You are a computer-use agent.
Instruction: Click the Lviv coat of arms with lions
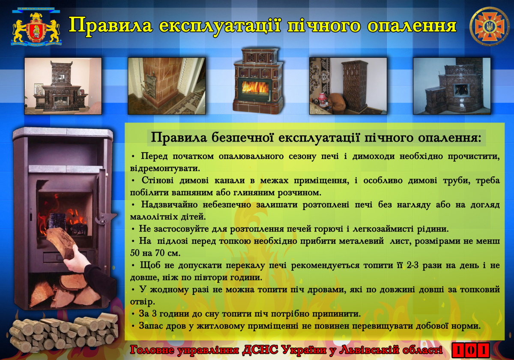(x=36, y=27)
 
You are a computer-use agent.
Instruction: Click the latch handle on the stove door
(x=105, y=218)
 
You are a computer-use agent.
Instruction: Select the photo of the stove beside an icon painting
(x=63, y=86)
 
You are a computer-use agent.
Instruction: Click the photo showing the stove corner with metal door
(x=167, y=86)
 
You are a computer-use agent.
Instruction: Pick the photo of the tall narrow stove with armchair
(x=348, y=86)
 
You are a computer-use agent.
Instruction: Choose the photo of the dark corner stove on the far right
(x=452, y=86)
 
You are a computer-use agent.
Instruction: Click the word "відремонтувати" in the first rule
(x=165, y=168)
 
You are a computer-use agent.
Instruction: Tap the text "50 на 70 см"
(x=155, y=253)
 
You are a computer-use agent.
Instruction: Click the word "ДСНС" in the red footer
(x=260, y=350)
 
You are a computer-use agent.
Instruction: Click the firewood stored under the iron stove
(x=66, y=291)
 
